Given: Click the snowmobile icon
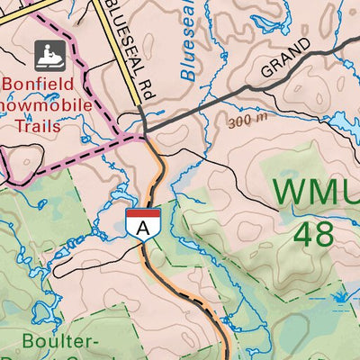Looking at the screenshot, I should [46, 56].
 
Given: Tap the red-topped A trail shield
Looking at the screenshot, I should [143, 222].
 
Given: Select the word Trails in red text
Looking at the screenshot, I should [37, 126].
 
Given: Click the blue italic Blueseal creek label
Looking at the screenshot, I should [192, 54].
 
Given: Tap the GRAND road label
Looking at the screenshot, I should [287, 56].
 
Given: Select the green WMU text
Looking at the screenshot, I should [315, 191].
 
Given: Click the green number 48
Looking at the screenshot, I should [314, 233].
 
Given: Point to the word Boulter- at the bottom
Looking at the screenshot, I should [61, 344].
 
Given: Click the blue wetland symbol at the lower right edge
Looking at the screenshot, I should [342, 295].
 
